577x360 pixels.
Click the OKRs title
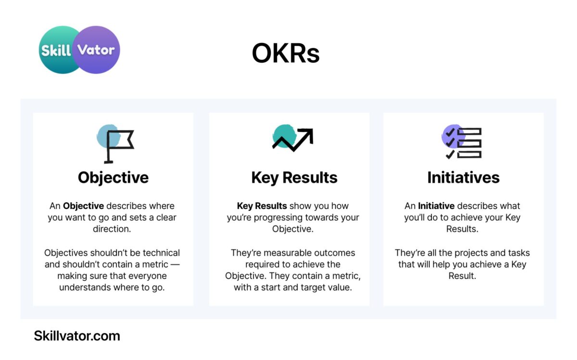point(286,53)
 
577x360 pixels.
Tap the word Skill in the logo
point(56,50)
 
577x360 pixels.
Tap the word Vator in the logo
point(96,50)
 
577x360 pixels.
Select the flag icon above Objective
point(115,144)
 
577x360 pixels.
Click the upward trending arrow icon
point(293,138)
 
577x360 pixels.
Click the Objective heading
point(113,178)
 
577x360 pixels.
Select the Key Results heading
point(294,178)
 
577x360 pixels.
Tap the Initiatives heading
point(464,177)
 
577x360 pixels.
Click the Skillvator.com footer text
point(77,336)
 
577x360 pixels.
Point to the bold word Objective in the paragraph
point(84,206)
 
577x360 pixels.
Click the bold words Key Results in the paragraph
point(262,206)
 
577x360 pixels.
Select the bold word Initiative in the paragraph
point(436,206)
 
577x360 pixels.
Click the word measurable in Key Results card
point(287,253)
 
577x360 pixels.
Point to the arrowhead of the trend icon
point(307,134)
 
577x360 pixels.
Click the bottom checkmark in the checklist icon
point(450,154)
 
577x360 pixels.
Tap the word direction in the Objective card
point(112,229)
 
